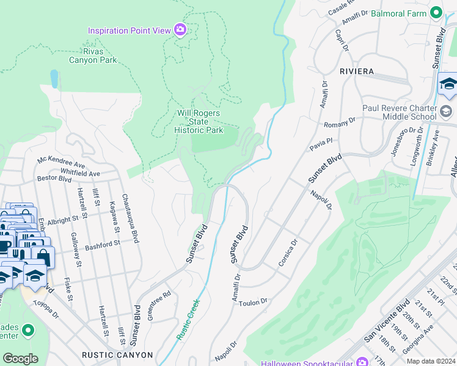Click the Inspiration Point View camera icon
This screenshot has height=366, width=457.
click(180, 30)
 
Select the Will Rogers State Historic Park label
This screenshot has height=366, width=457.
click(199, 121)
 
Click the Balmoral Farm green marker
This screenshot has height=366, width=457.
click(436, 12)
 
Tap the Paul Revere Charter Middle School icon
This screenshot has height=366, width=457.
click(446, 112)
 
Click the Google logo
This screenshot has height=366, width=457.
click(20, 358)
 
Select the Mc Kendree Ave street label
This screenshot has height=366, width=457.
click(61, 163)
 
